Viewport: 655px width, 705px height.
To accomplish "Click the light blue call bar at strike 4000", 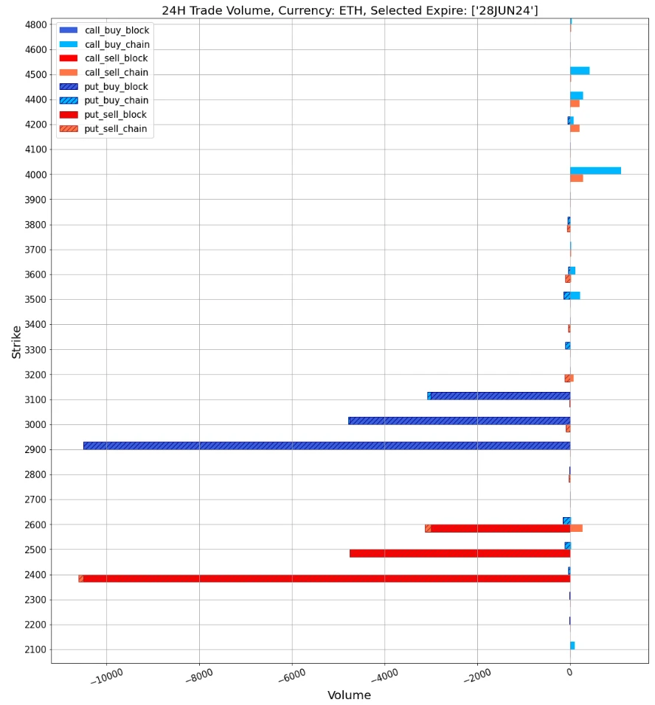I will [x=595, y=171].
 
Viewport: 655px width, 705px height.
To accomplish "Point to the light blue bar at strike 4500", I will [x=580, y=71].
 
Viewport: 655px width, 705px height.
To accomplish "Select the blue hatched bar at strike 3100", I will [x=499, y=396].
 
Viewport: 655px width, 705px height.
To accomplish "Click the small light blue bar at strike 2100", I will [x=572, y=645].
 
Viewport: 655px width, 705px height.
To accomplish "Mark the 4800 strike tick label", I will [x=36, y=24].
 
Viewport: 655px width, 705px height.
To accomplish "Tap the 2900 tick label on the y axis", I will [x=36, y=449].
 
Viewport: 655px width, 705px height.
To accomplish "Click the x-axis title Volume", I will [x=349, y=695].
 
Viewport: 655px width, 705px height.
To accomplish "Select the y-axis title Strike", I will [x=16, y=342].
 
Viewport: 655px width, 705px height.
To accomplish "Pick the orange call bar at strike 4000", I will [x=576, y=178].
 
